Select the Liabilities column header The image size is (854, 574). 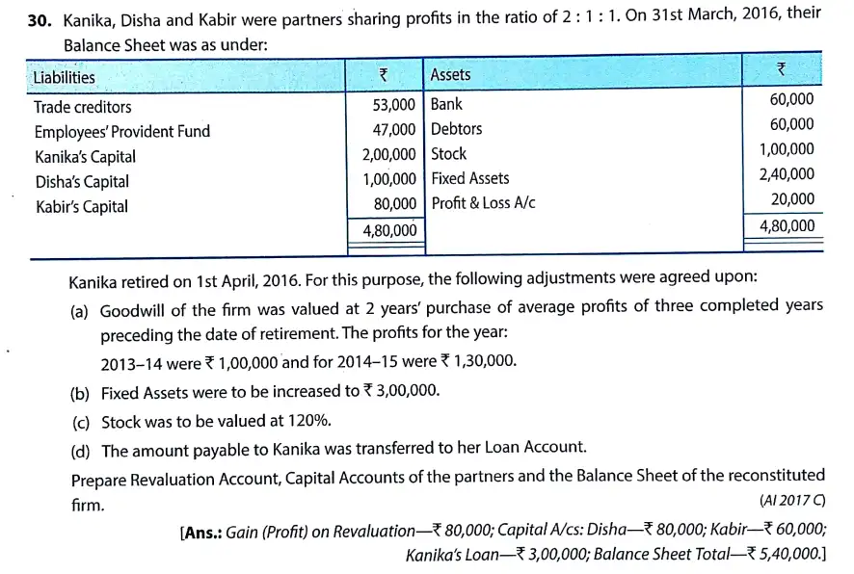pyautogui.click(x=64, y=77)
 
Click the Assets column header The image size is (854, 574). pyautogui.click(x=450, y=75)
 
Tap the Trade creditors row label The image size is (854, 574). pyautogui.click(x=83, y=107)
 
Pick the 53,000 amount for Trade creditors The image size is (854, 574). pyautogui.click(x=393, y=105)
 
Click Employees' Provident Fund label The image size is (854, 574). pyautogui.click(x=121, y=132)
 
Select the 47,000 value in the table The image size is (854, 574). pyautogui.click(x=393, y=130)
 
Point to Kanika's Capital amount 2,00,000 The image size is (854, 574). pyautogui.click(x=389, y=155)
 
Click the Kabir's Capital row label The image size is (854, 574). pyautogui.click(x=81, y=206)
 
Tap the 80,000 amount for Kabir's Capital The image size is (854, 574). pyautogui.click(x=394, y=204)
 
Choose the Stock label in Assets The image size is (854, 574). pyautogui.click(x=448, y=154)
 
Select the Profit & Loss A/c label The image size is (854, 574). pyautogui.click(x=483, y=203)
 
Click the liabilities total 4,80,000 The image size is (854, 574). pyautogui.click(x=389, y=231)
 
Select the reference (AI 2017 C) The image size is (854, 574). pyautogui.click(x=792, y=501)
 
